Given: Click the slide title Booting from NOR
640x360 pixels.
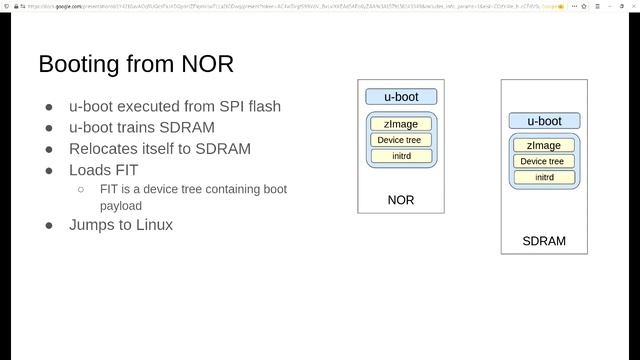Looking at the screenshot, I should point(136,64).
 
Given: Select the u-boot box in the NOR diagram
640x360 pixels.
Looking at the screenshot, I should point(400,97).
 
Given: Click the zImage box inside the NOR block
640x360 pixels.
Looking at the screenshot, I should point(400,124).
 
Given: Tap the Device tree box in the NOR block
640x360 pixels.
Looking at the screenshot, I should point(400,140).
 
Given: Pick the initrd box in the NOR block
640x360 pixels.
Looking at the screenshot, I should point(400,156).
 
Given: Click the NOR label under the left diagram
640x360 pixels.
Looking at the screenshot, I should point(400,200).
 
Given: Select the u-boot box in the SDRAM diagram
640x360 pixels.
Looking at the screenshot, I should point(544,121).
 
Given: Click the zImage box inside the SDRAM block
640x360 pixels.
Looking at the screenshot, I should point(544,146).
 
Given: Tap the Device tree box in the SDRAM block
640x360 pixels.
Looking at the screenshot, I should point(544,161).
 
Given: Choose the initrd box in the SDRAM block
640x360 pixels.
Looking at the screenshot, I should point(544,177).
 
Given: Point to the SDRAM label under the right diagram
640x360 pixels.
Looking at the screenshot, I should point(544,241).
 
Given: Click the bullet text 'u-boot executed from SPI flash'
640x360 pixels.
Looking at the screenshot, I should point(175,106).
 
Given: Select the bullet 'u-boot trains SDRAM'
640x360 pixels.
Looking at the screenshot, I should point(142,127).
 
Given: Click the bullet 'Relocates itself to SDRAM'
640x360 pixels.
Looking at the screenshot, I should point(160,149).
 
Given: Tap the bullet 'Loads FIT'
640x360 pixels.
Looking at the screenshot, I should point(104,170).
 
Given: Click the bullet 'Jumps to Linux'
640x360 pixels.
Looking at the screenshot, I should point(121,225).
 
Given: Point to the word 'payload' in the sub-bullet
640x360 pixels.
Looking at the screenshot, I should point(121,205).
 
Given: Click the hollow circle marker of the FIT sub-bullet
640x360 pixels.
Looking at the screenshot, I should point(80,189).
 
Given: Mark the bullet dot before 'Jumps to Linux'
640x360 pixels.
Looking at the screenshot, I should point(49,225).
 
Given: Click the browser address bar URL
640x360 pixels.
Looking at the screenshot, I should point(280,6).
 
